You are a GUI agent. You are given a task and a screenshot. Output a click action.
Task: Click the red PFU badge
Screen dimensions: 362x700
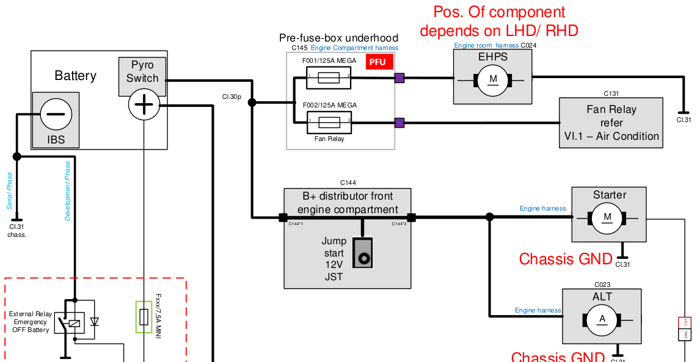(377, 62)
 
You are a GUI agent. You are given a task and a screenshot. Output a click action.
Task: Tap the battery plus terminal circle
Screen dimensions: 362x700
(144, 105)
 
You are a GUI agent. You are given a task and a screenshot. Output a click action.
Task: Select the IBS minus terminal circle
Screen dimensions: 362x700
(56, 114)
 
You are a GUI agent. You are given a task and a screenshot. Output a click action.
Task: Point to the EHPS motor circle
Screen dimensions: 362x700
(493, 79)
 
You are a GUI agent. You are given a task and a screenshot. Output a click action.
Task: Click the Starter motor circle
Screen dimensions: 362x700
(607, 218)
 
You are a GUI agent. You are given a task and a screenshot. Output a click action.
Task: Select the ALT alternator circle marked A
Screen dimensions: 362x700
(602, 319)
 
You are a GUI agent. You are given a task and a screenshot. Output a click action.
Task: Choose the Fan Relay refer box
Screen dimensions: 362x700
(611, 123)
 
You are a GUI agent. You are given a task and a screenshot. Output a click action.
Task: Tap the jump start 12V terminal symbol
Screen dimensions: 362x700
(364, 258)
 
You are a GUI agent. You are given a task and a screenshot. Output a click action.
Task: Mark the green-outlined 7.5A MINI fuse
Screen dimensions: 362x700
(144, 317)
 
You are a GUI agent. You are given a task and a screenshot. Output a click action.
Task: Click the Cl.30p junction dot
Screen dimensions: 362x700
(252, 103)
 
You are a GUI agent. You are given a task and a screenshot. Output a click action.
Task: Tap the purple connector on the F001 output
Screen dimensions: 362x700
(399, 78)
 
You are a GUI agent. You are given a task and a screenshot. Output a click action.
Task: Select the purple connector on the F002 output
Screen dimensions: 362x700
(399, 123)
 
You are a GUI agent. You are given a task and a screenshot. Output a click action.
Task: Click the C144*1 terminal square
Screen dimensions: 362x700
(283, 217)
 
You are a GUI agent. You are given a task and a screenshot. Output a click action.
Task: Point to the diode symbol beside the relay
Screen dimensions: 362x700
(94, 321)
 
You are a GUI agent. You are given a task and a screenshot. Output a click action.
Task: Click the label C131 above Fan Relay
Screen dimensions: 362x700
(611, 94)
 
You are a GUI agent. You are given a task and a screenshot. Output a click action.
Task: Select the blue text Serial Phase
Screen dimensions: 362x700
(10, 190)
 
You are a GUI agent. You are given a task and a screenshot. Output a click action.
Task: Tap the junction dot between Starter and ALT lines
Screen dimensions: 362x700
(489, 217)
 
